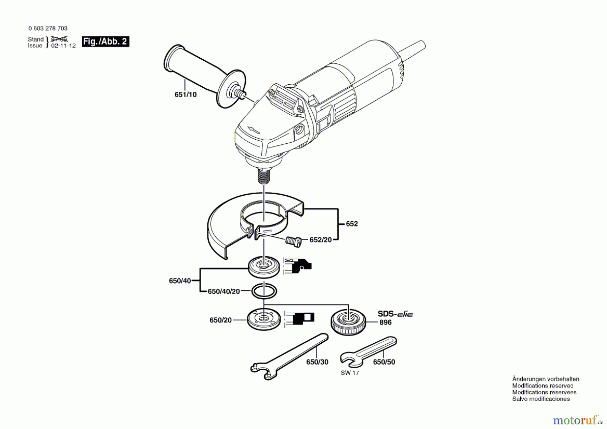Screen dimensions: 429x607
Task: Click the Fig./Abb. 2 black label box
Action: coord(106,41)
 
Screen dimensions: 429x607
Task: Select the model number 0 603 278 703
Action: coord(48,28)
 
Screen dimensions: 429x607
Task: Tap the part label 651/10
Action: coord(185,95)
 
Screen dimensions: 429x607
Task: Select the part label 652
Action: coord(352,224)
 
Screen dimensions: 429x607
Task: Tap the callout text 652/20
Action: coord(320,240)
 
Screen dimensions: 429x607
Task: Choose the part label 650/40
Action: coord(180,281)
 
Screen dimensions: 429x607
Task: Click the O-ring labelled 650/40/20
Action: coord(264,291)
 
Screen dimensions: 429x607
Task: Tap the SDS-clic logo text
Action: coord(395,314)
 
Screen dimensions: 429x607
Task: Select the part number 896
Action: coord(385,322)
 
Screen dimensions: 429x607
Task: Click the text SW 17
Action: coord(350,373)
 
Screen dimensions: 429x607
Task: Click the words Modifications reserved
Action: coord(543,385)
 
